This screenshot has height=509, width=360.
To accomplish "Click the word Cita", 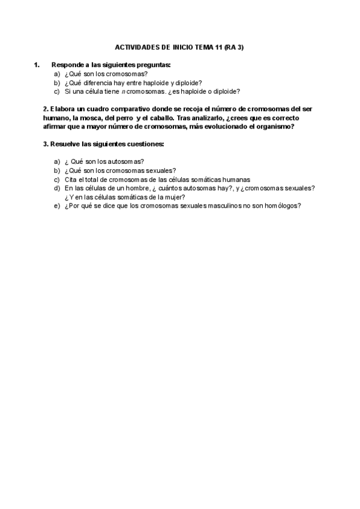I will tap(71, 179).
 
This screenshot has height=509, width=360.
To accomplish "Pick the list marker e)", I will tap(57, 205).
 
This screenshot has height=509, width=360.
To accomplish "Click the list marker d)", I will tap(57, 188).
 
